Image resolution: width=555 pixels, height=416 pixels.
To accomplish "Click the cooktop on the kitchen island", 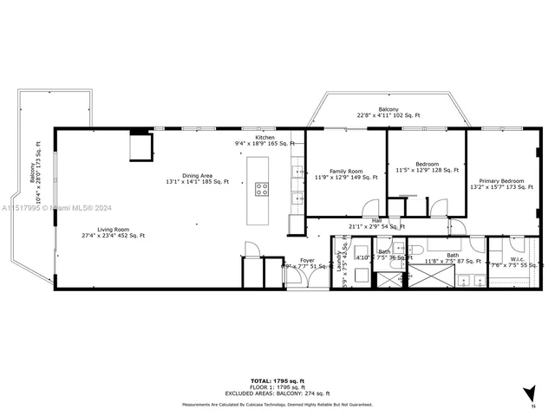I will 261,188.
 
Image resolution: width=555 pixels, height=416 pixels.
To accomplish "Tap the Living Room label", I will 101,231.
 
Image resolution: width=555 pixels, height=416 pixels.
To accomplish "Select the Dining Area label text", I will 198,179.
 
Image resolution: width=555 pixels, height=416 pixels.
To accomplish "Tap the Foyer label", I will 307,263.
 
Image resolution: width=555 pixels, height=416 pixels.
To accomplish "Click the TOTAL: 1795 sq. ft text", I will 277,380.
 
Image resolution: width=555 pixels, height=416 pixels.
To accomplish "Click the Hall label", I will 376,224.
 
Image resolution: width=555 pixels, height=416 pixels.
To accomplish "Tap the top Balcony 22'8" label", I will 388,112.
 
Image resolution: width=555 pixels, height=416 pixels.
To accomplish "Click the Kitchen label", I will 264,140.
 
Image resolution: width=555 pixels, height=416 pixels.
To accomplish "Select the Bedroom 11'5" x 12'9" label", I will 426,167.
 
